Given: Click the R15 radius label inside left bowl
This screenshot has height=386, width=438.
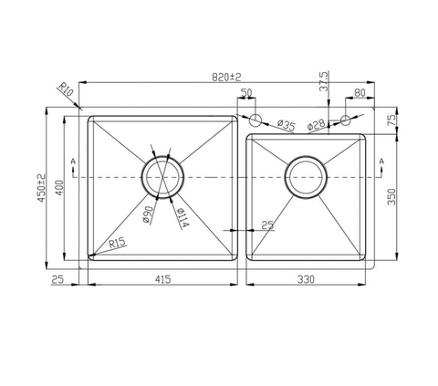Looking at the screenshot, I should [116, 243].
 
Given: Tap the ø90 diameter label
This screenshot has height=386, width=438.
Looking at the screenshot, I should [147, 215].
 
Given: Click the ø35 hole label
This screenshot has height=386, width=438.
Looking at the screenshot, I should [284, 125].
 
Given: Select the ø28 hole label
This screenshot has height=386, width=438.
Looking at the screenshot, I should [316, 125].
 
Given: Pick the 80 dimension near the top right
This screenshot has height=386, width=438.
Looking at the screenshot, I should [359, 93].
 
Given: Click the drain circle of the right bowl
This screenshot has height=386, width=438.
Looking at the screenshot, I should [307, 176].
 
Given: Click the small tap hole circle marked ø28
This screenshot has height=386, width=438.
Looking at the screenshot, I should [346, 119].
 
